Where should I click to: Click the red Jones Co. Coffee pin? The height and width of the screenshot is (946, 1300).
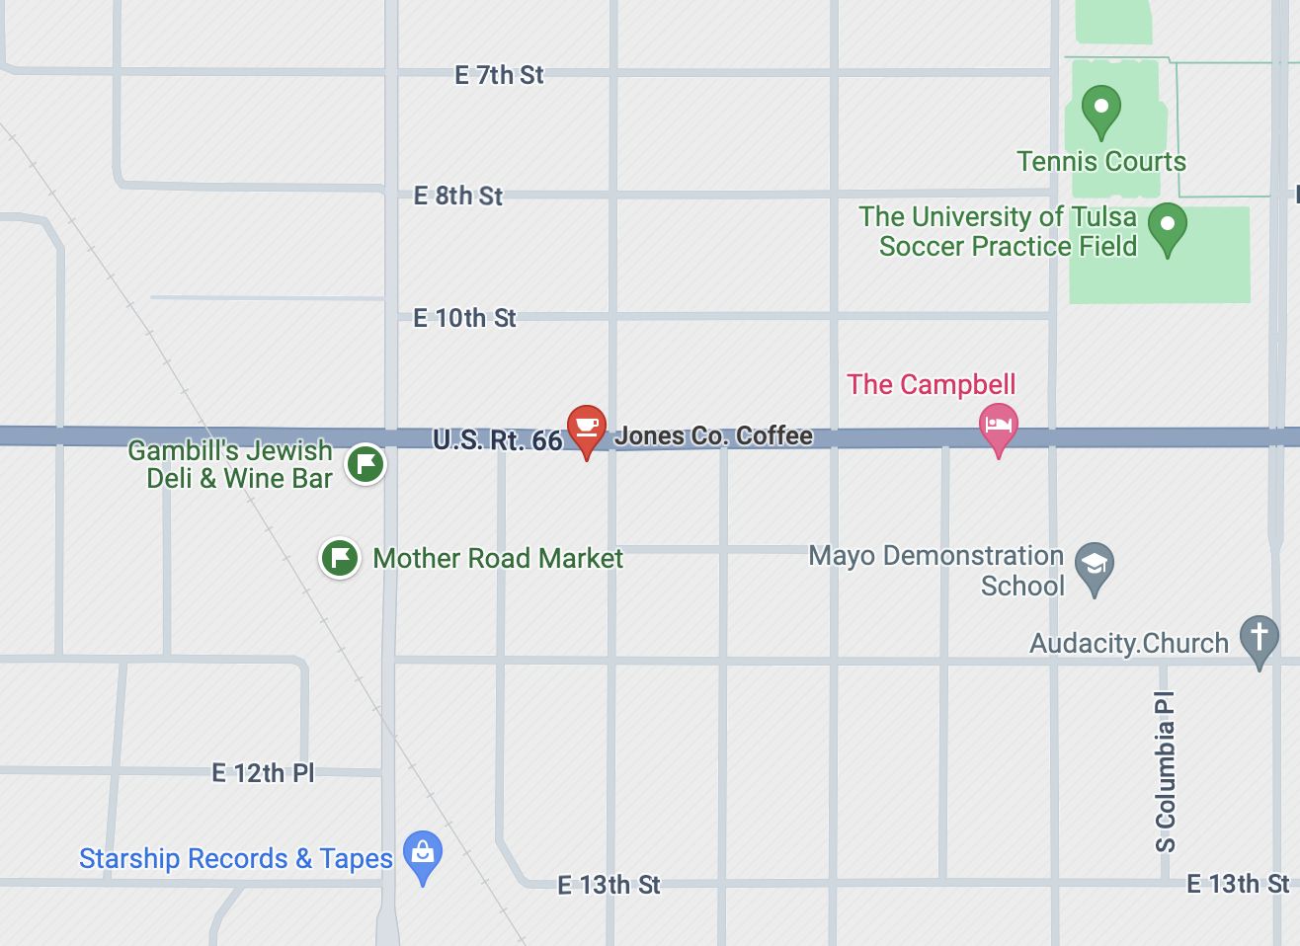(x=586, y=428)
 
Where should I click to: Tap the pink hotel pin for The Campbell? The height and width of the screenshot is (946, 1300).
(x=998, y=427)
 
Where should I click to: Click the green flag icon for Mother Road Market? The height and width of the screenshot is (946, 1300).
(x=340, y=558)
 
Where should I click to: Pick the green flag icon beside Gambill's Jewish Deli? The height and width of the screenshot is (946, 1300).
(x=366, y=463)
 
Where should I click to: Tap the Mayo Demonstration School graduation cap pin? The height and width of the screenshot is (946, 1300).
(x=1094, y=566)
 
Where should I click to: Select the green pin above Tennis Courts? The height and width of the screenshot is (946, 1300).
(x=1100, y=109)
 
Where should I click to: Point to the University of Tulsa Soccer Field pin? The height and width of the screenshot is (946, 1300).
(x=1167, y=226)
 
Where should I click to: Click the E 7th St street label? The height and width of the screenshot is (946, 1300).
(x=499, y=75)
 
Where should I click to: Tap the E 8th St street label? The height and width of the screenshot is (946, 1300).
(x=457, y=196)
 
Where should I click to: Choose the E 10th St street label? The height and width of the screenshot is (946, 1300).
(x=464, y=318)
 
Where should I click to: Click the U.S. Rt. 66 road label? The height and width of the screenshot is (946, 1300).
(x=497, y=440)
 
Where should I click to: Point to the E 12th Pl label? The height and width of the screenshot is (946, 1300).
(x=263, y=773)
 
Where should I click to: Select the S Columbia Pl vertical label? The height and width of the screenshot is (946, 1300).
(x=1166, y=771)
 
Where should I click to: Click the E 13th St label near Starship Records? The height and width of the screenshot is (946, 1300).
(x=609, y=885)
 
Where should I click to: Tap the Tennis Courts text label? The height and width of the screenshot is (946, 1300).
(x=1101, y=162)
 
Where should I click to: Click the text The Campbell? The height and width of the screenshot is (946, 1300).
(x=932, y=384)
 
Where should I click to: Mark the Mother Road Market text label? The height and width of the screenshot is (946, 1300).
(x=498, y=559)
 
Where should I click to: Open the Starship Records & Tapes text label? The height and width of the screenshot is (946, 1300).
(x=236, y=859)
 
